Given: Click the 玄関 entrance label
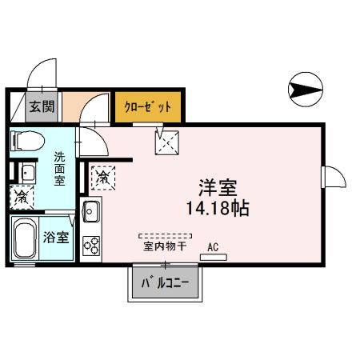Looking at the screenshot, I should click(42, 106).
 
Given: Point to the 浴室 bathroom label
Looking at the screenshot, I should click(56, 237).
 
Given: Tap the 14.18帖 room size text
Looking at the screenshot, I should click(216, 210).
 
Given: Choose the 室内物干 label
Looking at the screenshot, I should click(165, 246).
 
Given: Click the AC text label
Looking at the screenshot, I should click(213, 246).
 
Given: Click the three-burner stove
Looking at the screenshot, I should click(91, 245).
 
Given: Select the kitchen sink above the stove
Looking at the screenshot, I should click(90, 212).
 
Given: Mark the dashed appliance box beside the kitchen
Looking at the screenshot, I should click(102, 177).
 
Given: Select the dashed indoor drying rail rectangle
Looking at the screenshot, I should click(165, 237).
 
